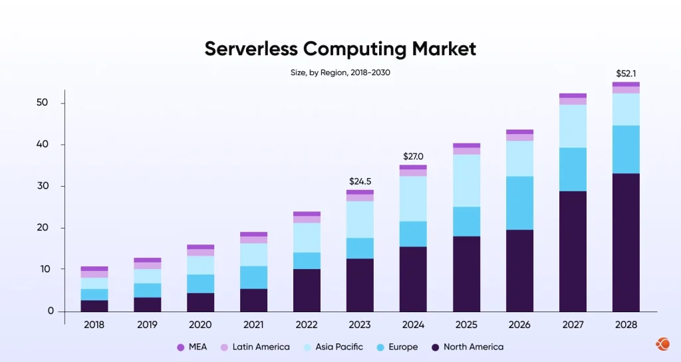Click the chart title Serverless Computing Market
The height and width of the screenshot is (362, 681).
(340, 49)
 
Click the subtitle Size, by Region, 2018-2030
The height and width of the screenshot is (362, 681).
(340, 72)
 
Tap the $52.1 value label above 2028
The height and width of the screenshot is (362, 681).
(626, 73)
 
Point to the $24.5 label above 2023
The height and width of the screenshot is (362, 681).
(360, 181)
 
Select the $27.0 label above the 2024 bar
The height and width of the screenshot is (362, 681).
(413, 156)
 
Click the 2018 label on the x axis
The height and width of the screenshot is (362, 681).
(94, 325)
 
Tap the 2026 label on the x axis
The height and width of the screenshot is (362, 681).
(519, 325)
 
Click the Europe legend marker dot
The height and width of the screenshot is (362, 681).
(379, 347)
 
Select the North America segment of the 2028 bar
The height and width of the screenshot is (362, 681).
(626, 242)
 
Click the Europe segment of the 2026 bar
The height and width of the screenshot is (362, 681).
(519, 203)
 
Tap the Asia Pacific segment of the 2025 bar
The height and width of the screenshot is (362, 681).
(466, 180)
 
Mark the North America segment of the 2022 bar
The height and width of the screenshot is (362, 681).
(307, 290)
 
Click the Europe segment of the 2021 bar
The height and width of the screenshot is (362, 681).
(253, 277)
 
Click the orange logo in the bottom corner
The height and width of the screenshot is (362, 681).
(662, 343)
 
